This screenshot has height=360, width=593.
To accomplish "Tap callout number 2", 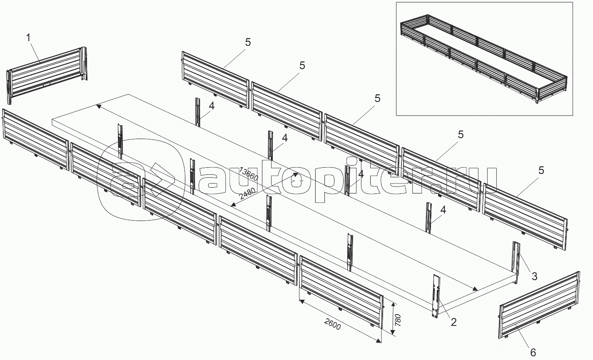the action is (453, 322).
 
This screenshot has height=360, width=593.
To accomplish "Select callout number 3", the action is (535, 276).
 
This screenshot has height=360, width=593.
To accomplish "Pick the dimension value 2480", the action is (247, 194).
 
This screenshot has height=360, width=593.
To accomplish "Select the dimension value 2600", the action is (332, 325).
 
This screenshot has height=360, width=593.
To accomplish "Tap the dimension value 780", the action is (398, 320).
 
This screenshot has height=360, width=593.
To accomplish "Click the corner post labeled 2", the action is (436, 296).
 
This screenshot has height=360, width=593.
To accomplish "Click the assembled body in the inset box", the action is (484, 59).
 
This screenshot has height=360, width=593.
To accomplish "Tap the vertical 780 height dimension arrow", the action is (394, 319).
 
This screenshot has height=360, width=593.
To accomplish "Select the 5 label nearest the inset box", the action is (378, 98).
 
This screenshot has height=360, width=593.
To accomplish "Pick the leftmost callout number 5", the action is (248, 42).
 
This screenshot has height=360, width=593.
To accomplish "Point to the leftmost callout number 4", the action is (211, 106).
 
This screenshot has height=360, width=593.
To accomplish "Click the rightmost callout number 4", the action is (443, 210).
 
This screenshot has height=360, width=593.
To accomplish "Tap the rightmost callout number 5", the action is (541, 170).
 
